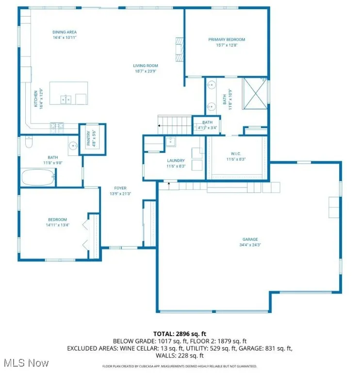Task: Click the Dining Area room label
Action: coord(65,32)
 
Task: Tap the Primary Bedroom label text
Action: coord(227,39)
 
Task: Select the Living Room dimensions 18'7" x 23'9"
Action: coord(146,71)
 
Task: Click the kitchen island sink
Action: coord(66,100)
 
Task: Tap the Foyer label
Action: coord(120,187)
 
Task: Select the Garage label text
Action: coord(250,239)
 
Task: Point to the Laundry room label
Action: coord(176,160)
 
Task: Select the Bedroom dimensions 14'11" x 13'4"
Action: coord(57,225)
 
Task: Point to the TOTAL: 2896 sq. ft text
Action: coord(180,334)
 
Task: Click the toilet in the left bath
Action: coord(28,143)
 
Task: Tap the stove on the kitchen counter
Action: coord(57,127)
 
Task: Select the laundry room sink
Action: coord(170,142)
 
